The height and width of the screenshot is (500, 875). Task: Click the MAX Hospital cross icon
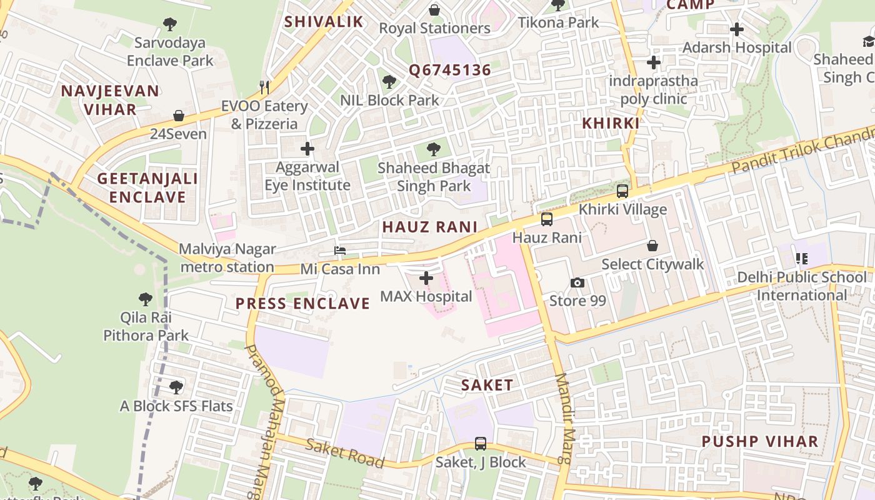pyautogui.click(x=426, y=277)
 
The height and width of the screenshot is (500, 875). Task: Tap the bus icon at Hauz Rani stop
pyautogui.click(x=547, y=219)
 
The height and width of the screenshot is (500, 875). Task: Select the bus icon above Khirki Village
pyautogui.click(x=622, y=191)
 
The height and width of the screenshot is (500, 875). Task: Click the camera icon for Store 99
pyautogui.click(x=577, y=283)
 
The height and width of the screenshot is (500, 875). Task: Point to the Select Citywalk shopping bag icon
pyautogui.click(x=652, y=246)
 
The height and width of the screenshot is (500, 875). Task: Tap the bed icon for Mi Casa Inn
pyautogui.click(x=340, y=251)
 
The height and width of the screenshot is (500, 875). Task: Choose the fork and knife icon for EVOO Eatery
pyautogui.click(x=265, y=87)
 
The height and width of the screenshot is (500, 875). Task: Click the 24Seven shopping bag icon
pyautogui.click(x=179, y=116)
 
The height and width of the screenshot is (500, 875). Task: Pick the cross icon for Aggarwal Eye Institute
pyautogui.click(x=307, y=149)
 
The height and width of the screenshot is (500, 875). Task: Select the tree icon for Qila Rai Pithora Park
pyautogui.click(x=146, y=299)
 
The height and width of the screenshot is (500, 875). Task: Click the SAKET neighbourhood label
pyautogui.click(x=487, y=385)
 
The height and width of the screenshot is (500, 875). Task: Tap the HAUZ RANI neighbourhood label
pyautogui.click(x=430, y=227)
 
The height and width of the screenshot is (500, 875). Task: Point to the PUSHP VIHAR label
pyautogui.click(x=759, y=441)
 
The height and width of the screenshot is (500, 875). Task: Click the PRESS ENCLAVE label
pyautogui.click(x=302, y=304)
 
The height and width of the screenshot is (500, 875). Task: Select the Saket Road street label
pyautogui.click(x=344, y=453)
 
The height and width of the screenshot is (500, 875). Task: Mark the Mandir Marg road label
pyautogui.click(x=564, y=419)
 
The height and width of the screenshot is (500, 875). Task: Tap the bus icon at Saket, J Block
pyautogui.click(x=481, y=444)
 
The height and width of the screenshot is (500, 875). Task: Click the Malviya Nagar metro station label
pyautogui.click(x=227, y=258)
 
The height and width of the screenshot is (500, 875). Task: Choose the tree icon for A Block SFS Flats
pyautogui.click(x=176, y=387)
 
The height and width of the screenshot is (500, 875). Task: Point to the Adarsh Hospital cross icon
pyautogui.click(x=737, y=29)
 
